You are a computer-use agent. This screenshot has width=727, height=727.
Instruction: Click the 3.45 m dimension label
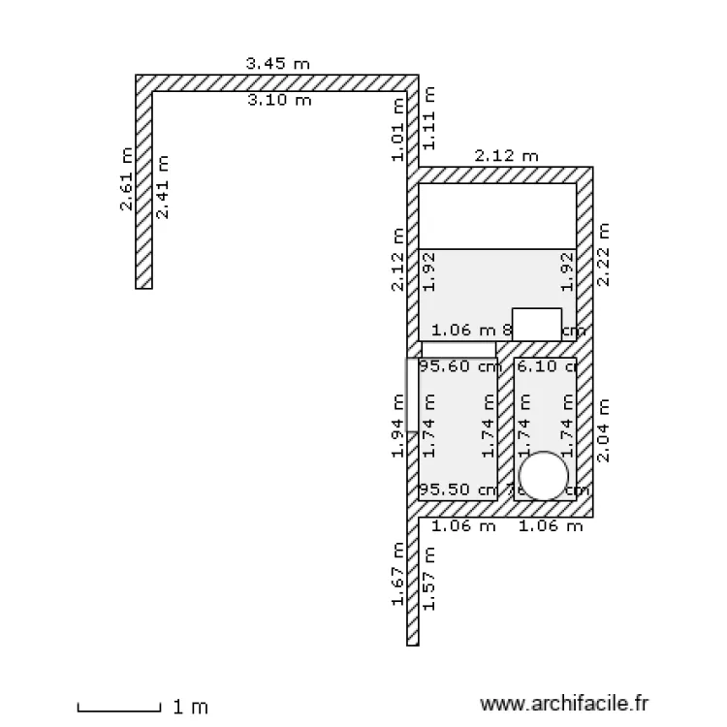(x=277, y=64)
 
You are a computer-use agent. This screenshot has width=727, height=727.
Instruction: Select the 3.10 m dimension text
(x=279, y=100)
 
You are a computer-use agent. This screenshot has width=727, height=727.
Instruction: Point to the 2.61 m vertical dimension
(x=126, y=180)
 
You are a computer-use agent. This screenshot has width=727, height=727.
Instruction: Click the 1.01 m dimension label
(x=397, y=130)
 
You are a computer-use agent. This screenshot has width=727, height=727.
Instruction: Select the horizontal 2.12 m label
(x=506, y=155)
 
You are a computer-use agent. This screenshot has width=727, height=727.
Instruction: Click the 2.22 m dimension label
(x=604, y=254)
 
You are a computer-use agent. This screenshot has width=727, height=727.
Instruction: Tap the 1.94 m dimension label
(x=397, y=427)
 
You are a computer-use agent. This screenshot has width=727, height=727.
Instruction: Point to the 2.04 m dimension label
(x=604, y=429)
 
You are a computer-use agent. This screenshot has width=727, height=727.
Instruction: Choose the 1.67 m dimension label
(x=397, y=574)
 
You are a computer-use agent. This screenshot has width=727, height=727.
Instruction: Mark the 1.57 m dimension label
(x=429, y=578)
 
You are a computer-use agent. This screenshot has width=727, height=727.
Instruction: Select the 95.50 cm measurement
(x=457, y=490)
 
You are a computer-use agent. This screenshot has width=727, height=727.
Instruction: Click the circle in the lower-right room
(x=544, y=476)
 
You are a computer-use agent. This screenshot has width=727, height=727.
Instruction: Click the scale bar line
(x=118, y=710)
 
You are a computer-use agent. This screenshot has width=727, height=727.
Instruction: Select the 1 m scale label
(x=190, y=708)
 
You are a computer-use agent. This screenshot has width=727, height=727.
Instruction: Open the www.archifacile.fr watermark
(x=564, y=705)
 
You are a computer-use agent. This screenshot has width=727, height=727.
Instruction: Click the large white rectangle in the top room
(x=497, y=215)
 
